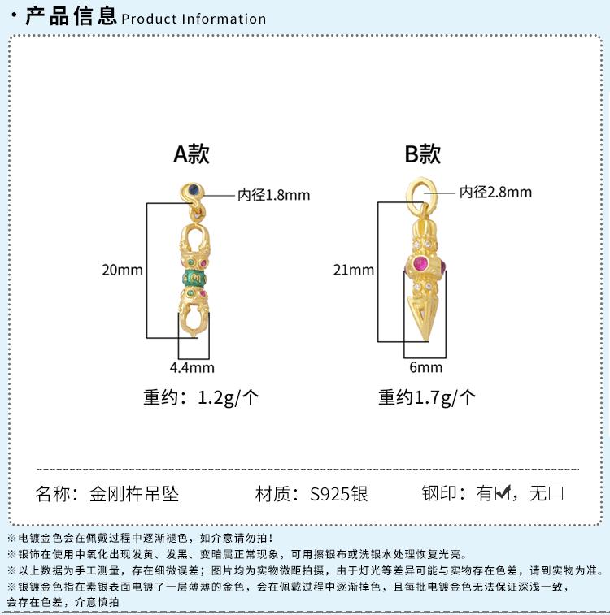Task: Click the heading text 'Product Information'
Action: (x=194, y=19)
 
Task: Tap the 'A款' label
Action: (x=191, y=154)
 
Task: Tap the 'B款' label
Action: (x=423, y=154)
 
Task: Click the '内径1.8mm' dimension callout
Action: (x=274, y=195)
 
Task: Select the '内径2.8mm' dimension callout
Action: (x=495, y=192)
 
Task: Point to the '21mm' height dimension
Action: (x=354, y=270)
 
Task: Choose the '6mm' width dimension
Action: (x=425, y=367)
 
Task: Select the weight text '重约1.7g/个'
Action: (x=427, y=397)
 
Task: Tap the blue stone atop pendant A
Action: (x=192, y=190)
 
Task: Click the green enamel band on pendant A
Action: (x=194, y=278)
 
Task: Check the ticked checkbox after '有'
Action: (x=503, y=492)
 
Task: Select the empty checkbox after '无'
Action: (x=556, y=493)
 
